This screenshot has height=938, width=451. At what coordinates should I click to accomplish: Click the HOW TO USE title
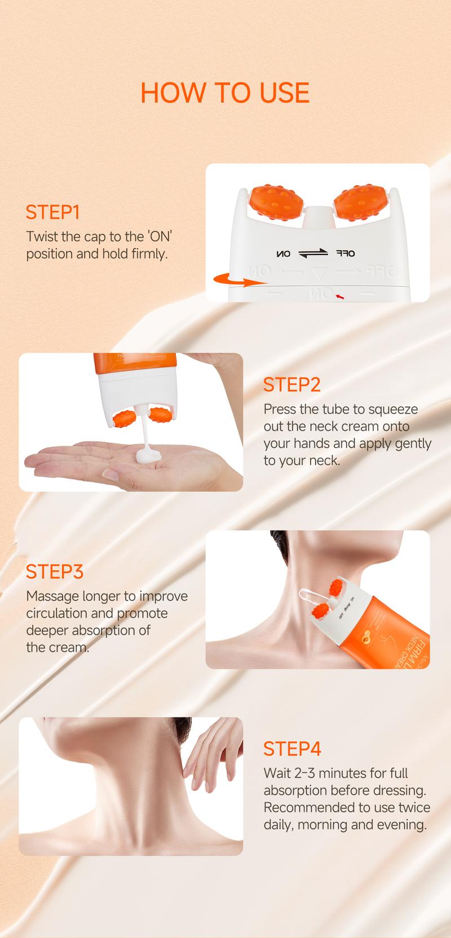(x=225, y=93)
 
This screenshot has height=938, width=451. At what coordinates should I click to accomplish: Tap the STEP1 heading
(x=52, y=212)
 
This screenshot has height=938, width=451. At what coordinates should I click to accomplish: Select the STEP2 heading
(x=291, y=384)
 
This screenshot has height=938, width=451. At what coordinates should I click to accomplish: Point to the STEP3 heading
(x=54, y=571)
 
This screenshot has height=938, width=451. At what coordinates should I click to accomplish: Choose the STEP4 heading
(x=292, y=748)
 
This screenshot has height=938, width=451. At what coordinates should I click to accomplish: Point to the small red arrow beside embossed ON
(x=339, y=294)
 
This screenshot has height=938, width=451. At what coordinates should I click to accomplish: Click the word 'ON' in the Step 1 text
(x=160, y=236)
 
